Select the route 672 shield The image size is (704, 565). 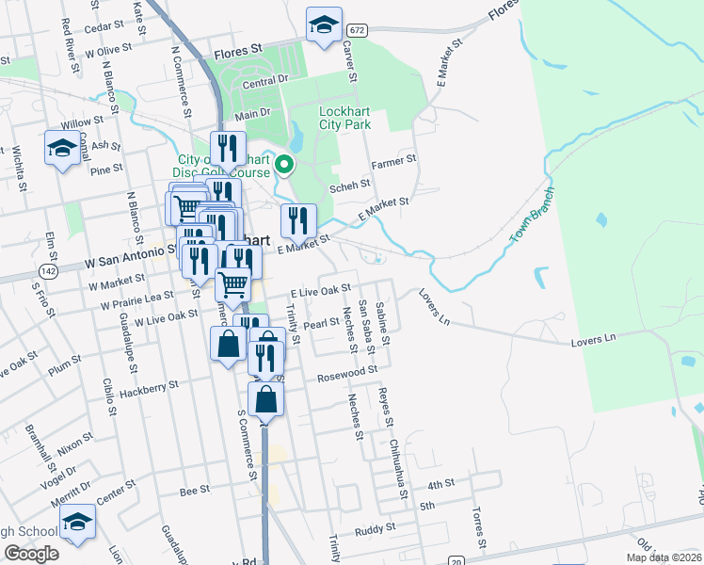tap(356, 30)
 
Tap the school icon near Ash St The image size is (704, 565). tap(62, 148)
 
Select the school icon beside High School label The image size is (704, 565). tap(77, 523)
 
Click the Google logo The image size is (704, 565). tap(30, 554)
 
